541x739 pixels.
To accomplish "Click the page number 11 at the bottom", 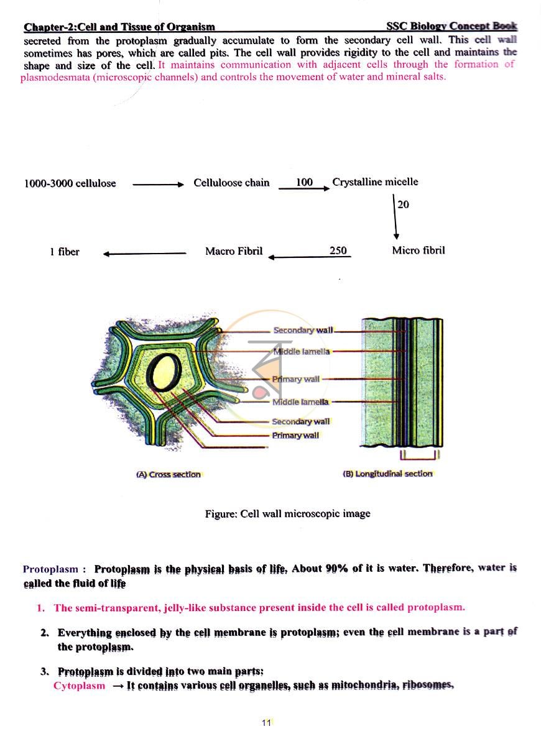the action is click(x=267, y=722).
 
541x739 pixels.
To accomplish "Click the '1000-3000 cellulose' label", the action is click(x=70, y=183).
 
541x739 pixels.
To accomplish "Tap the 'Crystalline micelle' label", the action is click(x=375, y=182).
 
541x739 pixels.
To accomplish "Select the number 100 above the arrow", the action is click(x=304, y=182).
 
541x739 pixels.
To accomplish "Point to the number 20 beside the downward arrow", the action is click(x=404, y=204).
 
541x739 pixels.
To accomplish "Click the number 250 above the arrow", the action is click(x=338, y=250).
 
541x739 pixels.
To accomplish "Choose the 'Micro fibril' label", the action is click(x=418, y=250).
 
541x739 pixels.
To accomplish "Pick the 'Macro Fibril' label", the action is click(x=234, y=250).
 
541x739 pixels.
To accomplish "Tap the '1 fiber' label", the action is click(x=65, y=252).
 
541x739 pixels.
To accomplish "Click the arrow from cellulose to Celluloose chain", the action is click(x=158, y=185).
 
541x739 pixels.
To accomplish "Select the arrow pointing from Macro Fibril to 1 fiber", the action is click(x=145, y=254).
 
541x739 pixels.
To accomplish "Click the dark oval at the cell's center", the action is click(x=164, y=369).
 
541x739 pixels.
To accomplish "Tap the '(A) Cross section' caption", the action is click(x=169, y=475).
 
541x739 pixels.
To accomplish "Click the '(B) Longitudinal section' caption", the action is click(x=387, y=474).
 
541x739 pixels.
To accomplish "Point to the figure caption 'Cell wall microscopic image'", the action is click(x=305, y=514).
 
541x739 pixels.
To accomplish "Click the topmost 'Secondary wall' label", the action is click(x=303, y=331).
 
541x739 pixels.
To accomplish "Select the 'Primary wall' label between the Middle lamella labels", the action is click(x=296, y=379).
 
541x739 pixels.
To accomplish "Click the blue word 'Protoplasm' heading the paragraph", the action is click(x=50, y=569).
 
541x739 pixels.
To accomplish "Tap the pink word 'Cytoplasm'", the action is click(x=79, y=686).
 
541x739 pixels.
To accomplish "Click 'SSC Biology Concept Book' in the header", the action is click(x=451, y=26).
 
